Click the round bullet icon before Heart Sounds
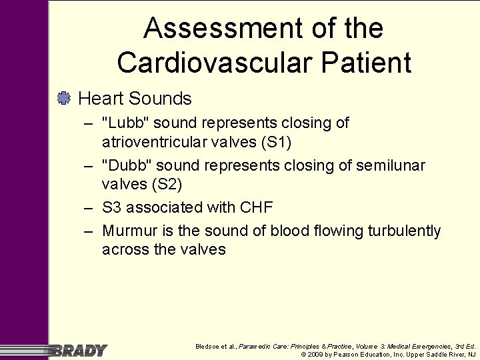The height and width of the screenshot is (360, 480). click(64, 99)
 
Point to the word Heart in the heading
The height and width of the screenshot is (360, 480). click(101, 99)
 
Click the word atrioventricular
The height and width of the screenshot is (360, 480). click(171, 142)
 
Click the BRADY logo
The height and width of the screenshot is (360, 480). click(79, 350)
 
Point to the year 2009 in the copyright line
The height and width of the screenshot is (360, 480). click(317, 355)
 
